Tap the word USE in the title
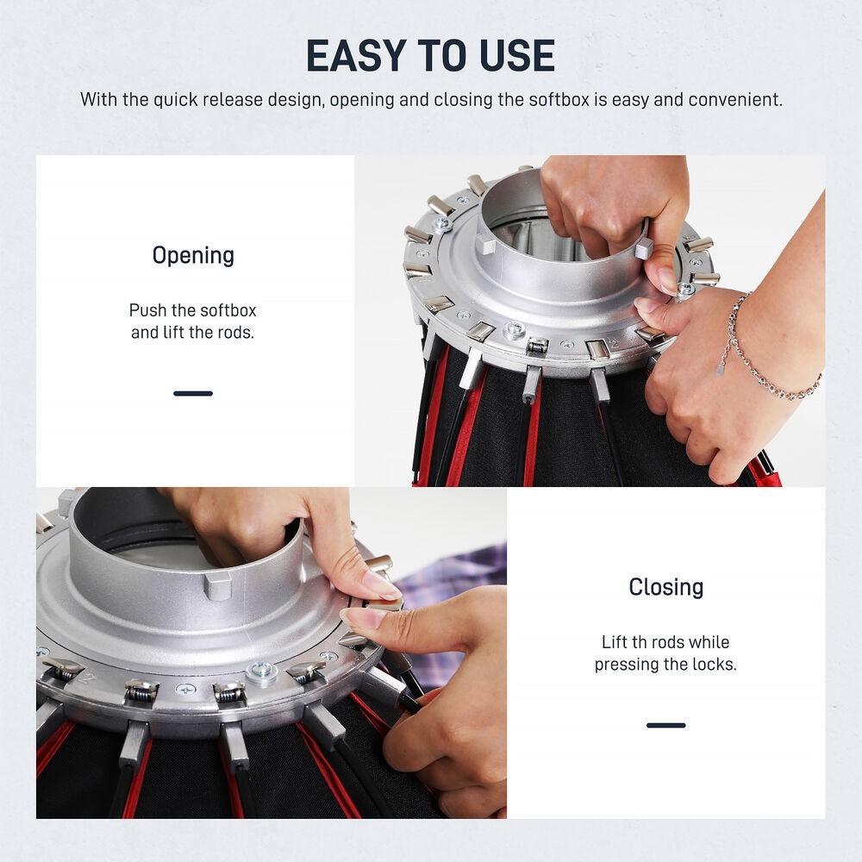tap(516, 55)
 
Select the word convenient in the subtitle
tap(735, 99)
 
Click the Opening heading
tap(193, 256)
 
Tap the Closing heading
tap(665, 587)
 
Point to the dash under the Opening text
tap(193, 393)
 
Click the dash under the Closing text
tap(665, 725)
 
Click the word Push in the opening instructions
tap(148, 310)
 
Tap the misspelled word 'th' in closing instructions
tap(640, 642)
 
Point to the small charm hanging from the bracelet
tap(721, 368)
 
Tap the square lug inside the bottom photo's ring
tap(218, 584)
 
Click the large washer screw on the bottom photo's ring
tap(262, 673)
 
